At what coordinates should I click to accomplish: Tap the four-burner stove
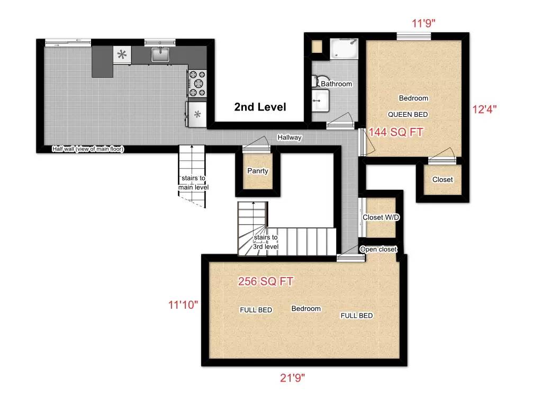[197, 84]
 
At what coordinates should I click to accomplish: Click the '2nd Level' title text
[260, 107]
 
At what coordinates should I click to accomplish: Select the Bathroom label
[336, 84]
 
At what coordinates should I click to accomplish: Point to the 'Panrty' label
[258, 171]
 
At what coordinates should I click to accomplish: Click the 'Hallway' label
[290, 137]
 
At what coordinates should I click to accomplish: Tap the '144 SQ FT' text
[396, 132]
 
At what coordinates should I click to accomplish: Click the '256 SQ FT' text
[266, 282]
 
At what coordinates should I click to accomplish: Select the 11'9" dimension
[424, 23]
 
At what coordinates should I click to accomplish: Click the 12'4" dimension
[484, 109]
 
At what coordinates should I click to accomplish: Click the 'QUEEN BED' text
[408, 114]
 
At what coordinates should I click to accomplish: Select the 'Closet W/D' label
[381, 217]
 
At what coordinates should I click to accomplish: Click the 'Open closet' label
[378, 249]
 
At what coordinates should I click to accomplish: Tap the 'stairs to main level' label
[193, 183]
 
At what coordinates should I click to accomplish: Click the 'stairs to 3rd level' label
[265, 241]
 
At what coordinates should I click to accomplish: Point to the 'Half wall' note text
[88, 149]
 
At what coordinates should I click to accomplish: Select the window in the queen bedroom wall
[413, 36]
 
